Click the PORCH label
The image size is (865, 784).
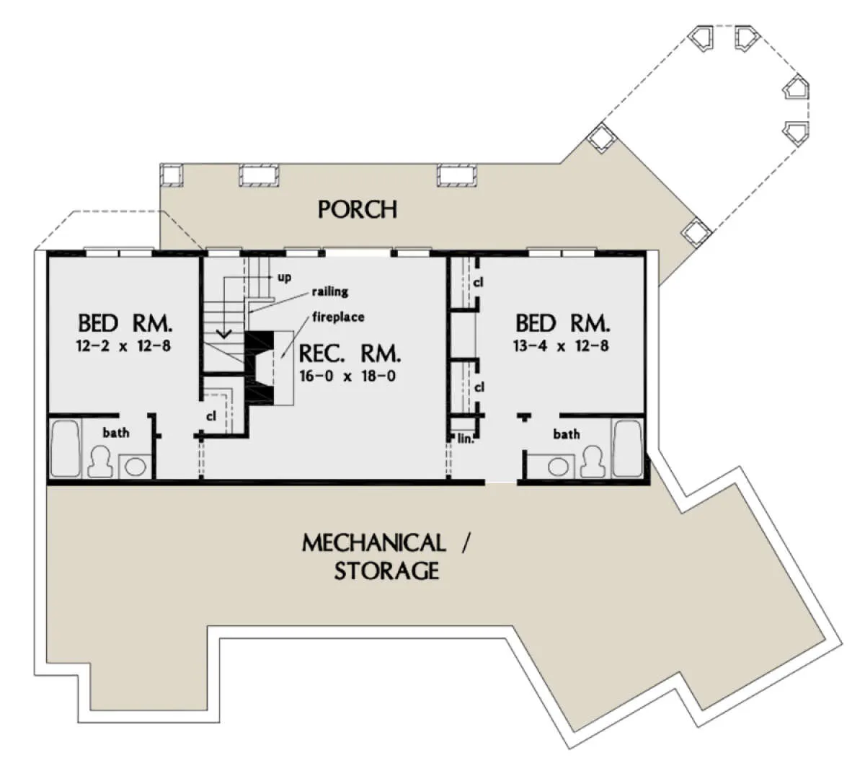pyautogui.click(x=358, y=209)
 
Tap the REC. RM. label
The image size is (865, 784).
pyautogui.click(x=350, y=353)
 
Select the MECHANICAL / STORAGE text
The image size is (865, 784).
pyautogui.click(x=385, y=557)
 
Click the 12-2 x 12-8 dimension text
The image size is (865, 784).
pyautogui.click(x=124, y=345)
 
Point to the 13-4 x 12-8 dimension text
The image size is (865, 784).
pyautogui.click(x=561, y=345)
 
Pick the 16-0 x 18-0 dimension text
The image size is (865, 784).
pyautogui.click(x=347, y=376)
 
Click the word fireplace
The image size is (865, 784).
pyautogui.click(x=338, y=317)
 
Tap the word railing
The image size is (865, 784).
pyautogui.click(x=330, y=291)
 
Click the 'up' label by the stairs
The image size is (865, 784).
pyautogui.click(x=284, y=278)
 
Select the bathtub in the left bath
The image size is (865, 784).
pyautogui.click(x=66, y=449)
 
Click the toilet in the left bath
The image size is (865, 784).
pyautogui.click(x=99, y=462)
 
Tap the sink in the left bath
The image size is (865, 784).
pyautogui.click(x=135, y=466)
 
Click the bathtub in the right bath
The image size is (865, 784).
pyautogui.click(x=628, y=449)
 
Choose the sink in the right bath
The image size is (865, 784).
pyautogui.click(x=559, y=467)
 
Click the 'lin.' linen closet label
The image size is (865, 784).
pyautogui.click(x=466, y=439)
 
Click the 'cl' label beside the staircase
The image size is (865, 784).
pyautogui.click(x=211, y=416)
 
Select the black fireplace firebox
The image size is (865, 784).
pyautogui.click(x=259, y=367)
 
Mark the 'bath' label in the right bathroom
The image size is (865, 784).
pyautogui.click(x=566, y=433)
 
